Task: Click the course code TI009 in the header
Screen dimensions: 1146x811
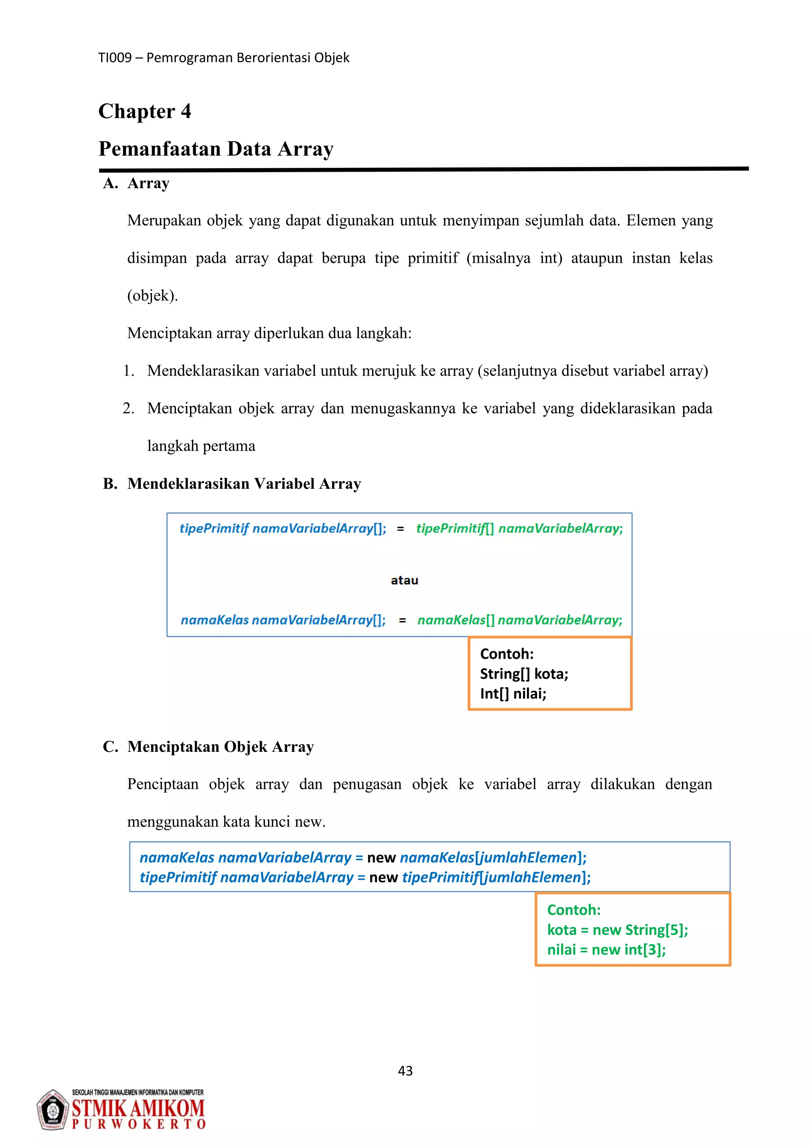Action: coord(114,58)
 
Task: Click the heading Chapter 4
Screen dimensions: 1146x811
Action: coord(145,111)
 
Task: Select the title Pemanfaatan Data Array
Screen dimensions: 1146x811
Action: coord(216,149)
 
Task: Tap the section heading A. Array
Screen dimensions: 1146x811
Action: coord(136,183)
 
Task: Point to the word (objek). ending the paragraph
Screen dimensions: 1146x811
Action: coord(152,296)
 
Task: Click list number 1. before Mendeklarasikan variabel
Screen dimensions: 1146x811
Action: coord(128,371)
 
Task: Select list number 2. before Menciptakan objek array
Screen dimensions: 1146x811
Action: coord(128,408)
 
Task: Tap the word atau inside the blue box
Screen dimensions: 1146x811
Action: coord(404,580)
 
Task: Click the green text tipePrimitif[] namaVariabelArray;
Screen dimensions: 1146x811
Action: coord(520,529)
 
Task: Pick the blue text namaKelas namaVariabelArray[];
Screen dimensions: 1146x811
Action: coord(283,620)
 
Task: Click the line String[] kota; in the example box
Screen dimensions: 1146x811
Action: coord(524,674)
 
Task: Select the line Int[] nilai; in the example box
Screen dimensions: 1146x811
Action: coord(513,694)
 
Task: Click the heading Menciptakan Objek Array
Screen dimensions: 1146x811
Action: coord(220,747)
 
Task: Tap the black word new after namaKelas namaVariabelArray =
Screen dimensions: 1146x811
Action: coord(381,858)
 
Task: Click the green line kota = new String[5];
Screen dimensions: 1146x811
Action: coord(617,930)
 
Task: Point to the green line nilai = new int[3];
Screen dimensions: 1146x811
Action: coord(606,950)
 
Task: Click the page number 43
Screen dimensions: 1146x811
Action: coord(405,1071)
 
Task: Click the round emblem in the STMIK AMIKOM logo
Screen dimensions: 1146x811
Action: coord(52,1110)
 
